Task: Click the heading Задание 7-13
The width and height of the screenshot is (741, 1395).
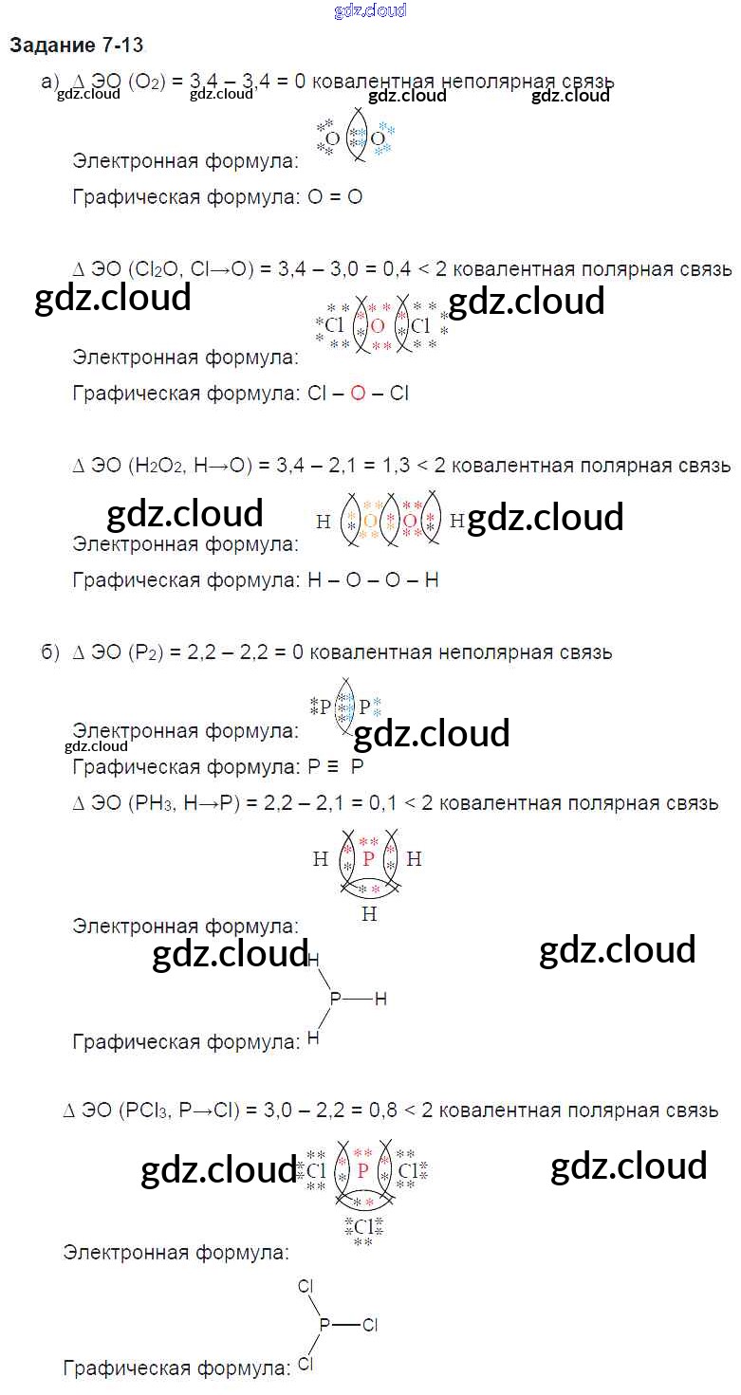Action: (76, 46)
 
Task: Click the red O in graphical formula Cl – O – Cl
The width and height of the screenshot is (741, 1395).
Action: (358, 393)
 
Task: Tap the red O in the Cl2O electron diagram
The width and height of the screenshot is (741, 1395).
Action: (378, 326)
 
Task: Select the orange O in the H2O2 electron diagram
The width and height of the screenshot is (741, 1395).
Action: (370, 521)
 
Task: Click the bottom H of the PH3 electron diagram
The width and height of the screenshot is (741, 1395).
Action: (369, 914)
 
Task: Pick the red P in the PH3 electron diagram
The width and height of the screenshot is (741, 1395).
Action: (368, 860)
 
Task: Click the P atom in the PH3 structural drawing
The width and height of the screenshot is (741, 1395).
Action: (334, 999)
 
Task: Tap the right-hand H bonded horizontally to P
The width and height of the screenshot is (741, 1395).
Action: (380, 999)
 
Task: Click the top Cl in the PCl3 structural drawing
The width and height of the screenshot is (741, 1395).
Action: (306, 1287)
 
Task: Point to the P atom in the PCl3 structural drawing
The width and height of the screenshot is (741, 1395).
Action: (324, 1325)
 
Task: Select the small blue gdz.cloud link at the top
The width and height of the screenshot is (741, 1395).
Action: (370, 10)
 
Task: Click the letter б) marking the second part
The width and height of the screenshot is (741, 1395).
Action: (50, 652)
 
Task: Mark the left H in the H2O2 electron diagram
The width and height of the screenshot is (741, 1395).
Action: (324, 521)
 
